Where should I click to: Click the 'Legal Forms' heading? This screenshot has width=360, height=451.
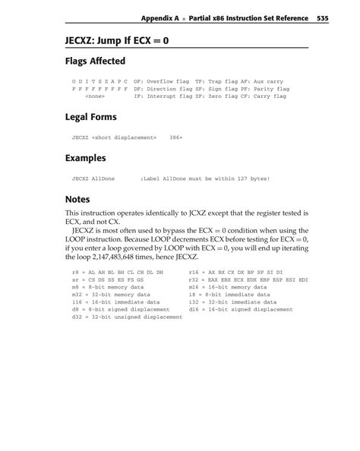point(90,118)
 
